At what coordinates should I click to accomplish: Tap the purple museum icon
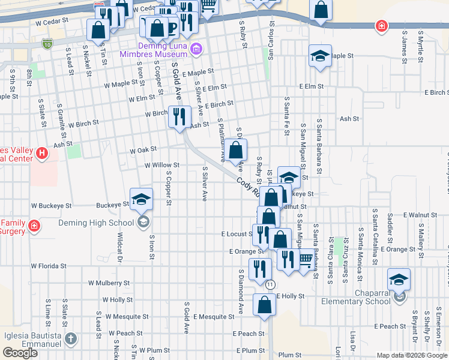(196, 49)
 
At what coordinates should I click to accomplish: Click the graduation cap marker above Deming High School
(141, 200)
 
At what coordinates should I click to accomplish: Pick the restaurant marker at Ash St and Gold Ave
(179, 116)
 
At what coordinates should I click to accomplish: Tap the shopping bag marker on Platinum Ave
(237, 151)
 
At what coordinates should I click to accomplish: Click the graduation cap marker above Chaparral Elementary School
(399, 280)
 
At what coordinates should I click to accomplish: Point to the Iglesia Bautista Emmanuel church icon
(71, 339)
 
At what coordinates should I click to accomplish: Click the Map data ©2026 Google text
(411, 355)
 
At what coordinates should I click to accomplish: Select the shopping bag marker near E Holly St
(264, 305)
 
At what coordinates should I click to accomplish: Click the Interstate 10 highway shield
(48, 44)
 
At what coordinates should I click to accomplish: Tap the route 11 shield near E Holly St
(271, 284)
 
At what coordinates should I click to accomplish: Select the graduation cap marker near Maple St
(321, 56)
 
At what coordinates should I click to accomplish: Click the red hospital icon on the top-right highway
(381, 26)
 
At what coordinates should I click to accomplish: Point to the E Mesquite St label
(211, 317)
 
